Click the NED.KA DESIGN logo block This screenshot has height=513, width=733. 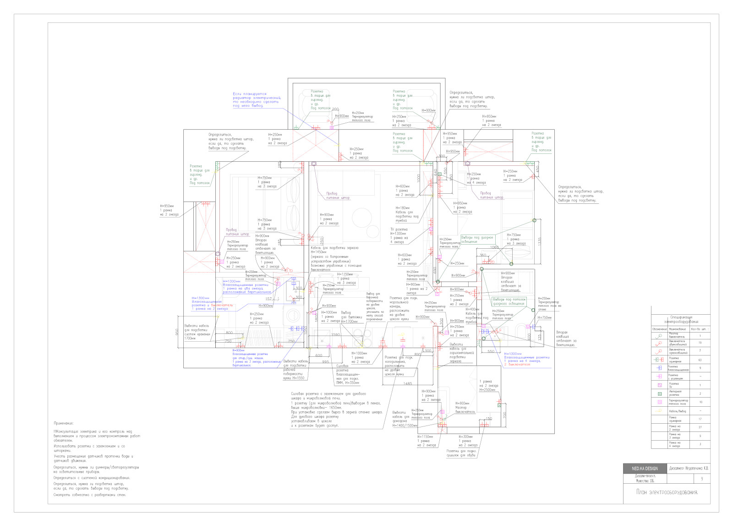[645, 469]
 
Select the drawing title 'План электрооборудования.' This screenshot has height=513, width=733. [667, 492]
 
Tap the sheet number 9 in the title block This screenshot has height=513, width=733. [701, 479]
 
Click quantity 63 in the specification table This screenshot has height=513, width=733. [700, 360]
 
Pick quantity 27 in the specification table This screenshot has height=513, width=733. [700, 427]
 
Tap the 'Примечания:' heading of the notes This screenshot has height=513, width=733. [63, 424]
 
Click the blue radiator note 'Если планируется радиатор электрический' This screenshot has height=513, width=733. [256, 100]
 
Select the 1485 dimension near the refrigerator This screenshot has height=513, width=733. [407, 384]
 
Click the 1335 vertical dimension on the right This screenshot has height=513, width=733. [540, 241]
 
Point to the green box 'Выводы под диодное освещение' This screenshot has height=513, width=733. [477, 240]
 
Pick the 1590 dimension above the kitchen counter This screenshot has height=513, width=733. [335, 335]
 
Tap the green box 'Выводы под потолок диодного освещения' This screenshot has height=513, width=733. [509, 301]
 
